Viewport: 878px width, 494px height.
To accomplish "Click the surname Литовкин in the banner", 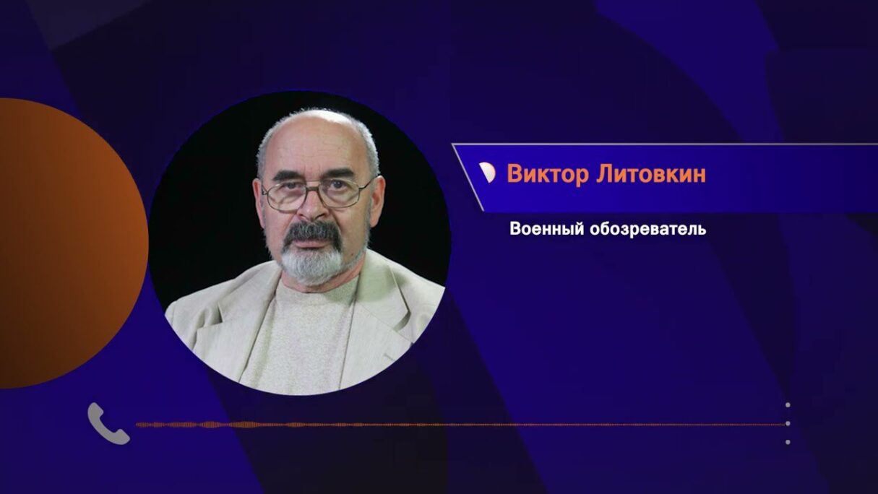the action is click(x=651, y=173).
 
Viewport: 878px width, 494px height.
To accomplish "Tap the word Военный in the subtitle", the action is click(x=547, y=229).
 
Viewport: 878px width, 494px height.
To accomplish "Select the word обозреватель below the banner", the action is click(x=648, y=229).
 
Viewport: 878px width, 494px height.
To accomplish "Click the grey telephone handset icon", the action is click(x=108, y=423).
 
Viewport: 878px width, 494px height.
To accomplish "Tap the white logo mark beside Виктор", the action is click(x=487, y=173).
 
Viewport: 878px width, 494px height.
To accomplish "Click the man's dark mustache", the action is click(x=312, y=233).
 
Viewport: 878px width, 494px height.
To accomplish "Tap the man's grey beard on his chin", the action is click(x=314, y=264).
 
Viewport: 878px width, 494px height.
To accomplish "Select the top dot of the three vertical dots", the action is click(x=788, y=405).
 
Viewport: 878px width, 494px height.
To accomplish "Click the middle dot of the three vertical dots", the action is click(x=788, y=423).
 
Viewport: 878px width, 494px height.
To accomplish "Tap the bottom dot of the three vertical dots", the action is click(x=788, y=442).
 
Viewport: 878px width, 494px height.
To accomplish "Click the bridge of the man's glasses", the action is click(x=312, y=190).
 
